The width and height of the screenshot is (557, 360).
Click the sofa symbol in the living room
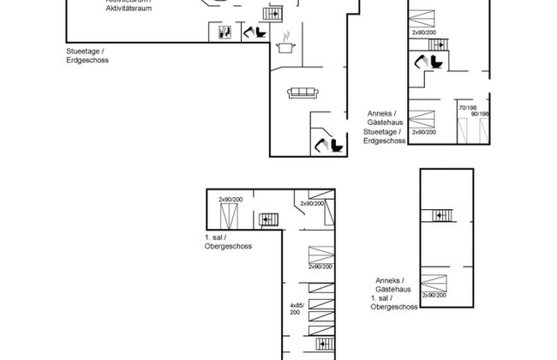[302, 93]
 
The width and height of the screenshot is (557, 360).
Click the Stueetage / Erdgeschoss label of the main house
[87, 57]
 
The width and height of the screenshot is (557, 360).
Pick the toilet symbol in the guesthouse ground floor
[426, 63]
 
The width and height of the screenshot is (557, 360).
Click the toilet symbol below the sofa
[326, 143]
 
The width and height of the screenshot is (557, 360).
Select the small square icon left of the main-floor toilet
[225, 33]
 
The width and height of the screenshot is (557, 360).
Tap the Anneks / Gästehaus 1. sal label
[394, 292]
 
